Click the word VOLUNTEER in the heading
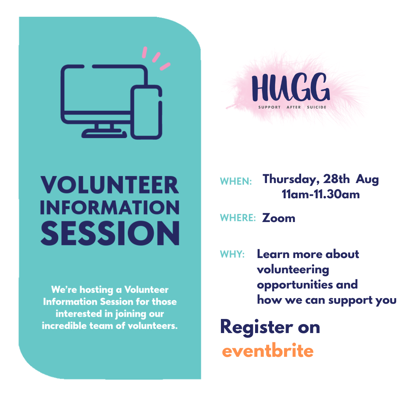[110, 185]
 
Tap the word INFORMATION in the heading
[110, 208]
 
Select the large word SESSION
[110, 233]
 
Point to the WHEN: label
[236, 181]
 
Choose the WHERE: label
[238, 218]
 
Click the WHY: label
[232, 254]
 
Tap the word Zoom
[278, 218]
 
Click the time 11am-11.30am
[321, 194]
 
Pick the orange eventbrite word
[268, 351]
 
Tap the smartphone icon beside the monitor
[146, 112]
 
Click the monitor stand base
[104, 133]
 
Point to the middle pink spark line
[156, 57]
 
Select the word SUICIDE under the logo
[317, 107]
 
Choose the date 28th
[336, 179]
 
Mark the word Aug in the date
[367, 180]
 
